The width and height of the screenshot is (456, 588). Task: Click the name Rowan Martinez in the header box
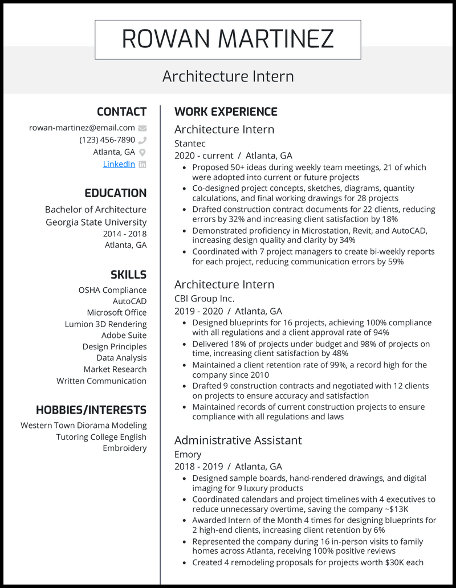point(227,39)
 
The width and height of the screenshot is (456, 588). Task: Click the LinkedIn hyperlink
point(119,164)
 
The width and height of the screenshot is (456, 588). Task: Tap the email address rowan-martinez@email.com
point(82,128)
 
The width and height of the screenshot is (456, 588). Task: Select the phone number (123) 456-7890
point(107,140)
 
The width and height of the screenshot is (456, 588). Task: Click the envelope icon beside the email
point(142,128)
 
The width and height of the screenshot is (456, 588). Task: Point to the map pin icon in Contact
point(142,152)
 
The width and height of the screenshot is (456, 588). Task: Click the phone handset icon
point(142,140)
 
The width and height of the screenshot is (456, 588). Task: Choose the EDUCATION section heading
point(115,193)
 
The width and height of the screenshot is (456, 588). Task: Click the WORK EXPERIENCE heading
point(226,112)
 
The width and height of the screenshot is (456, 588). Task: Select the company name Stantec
point(190,144)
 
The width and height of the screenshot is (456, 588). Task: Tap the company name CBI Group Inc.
point(204,299)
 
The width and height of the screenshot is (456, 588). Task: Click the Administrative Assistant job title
point(238,440)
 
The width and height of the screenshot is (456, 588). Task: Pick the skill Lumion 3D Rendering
point(105,324)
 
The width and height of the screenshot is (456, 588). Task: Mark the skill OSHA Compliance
point(112,290)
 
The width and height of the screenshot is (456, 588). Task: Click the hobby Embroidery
point(124,448)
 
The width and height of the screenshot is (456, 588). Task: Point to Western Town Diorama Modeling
point(83,426)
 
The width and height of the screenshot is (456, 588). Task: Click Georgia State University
point(96,222)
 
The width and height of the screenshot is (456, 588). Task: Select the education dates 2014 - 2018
point(124,234)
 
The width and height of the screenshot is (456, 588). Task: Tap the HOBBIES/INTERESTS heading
point(91,410)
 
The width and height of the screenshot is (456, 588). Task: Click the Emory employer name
point(188,454)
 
